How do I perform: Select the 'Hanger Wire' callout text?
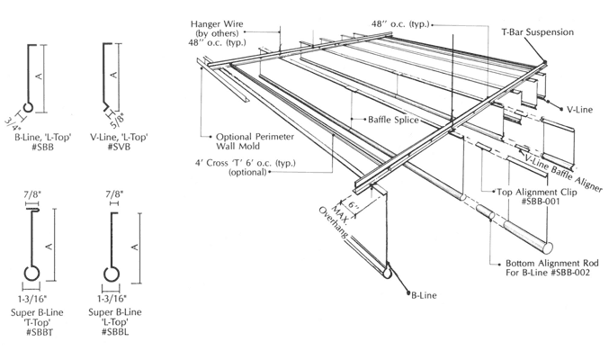(x=217, y=22)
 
